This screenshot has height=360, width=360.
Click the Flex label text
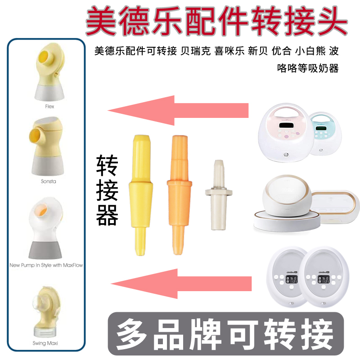pyautogui.click(x=49, y=107)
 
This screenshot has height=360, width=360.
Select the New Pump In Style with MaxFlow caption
pyautogui.click(x=46, y=265)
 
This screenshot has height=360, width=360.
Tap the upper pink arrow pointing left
pyautogui.click(x=178, y=110)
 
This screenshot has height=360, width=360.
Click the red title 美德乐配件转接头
pyautogui.click(x=216, y=21)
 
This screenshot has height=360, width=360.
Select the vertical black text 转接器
pyautogui.click(x=107, y=191)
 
